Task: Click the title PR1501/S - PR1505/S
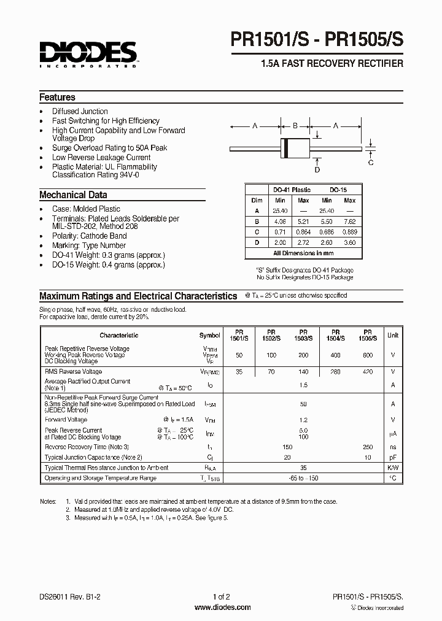click(x=317, y=41)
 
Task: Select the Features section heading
click(x=57, y=97)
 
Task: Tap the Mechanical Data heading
click(x=73, y=195)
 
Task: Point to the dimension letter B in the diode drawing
click(x=295, y=126)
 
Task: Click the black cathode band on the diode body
click(x=285, y=148)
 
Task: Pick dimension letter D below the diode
click(x=317, y=170)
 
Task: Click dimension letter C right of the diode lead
click(x=371, y=162)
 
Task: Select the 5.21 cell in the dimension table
click(x=303, y=222)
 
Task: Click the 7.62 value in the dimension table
click(x=349, y=222)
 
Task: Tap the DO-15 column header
click(x=338, y=190)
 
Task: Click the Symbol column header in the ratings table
click(x=209, y=336)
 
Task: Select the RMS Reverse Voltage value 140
click(x=303, y=372)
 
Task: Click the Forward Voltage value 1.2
click(x=303, y=420)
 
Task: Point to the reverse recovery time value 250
click(x=367, y=447)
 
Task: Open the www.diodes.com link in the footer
click(x=222, y=607)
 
